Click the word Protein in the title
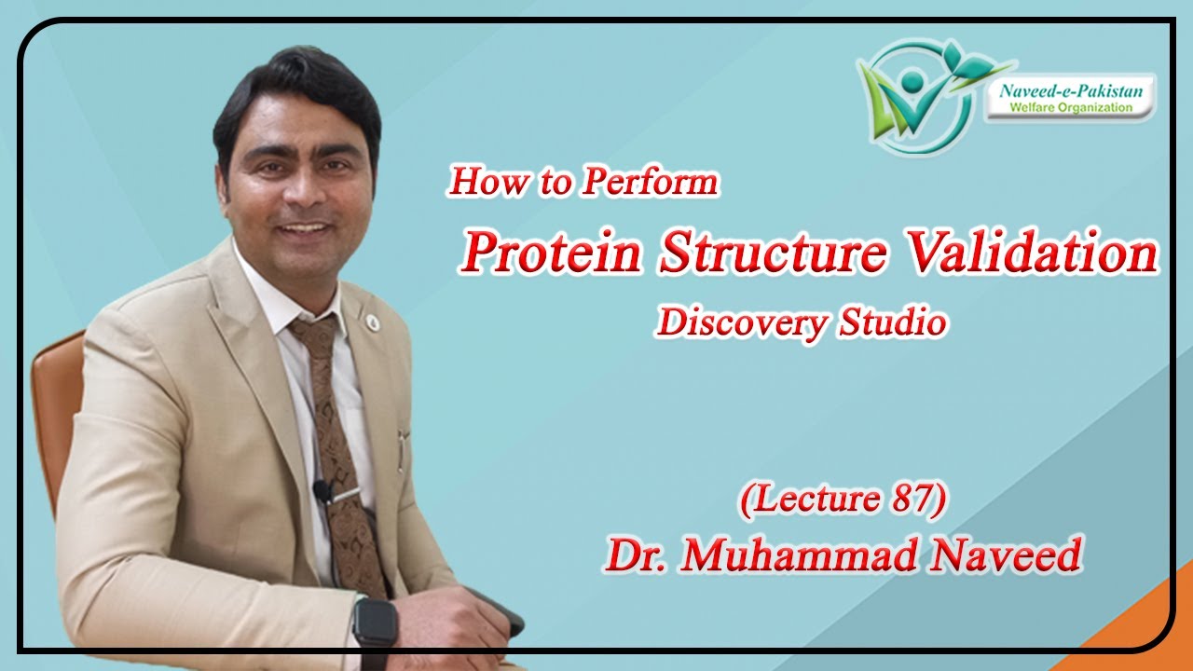[x=552, y=253]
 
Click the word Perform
[x=650, y=181]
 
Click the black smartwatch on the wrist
[x=375, y=622]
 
